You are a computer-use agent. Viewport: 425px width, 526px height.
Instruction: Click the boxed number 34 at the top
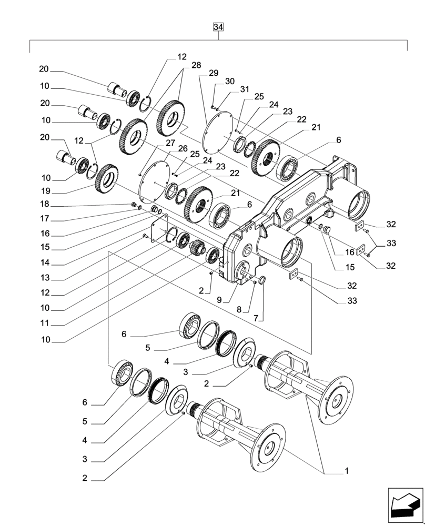(x=219, y=27)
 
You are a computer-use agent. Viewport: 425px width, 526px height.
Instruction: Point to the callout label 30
(x=230, y=81)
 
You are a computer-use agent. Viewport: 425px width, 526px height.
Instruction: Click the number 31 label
(x=246, y=90)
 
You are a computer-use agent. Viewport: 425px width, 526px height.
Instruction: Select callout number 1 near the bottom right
(x=347, y=471)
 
